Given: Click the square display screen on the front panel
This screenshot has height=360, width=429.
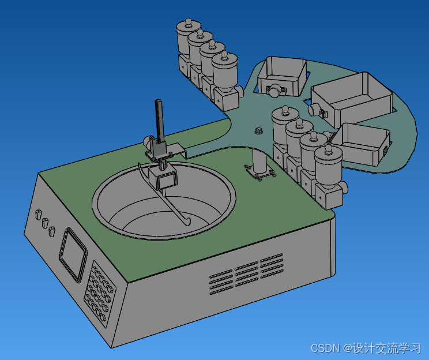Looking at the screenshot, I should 73,254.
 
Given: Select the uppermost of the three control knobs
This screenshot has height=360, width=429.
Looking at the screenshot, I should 38,215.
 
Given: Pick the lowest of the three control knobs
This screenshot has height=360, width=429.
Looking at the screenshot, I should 51,232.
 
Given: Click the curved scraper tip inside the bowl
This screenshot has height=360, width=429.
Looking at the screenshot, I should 185,222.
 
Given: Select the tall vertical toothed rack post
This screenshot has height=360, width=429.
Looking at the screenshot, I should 159,121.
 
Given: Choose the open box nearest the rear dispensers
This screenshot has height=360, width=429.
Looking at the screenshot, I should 281,76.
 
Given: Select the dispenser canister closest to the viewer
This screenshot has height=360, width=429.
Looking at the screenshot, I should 329,171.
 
